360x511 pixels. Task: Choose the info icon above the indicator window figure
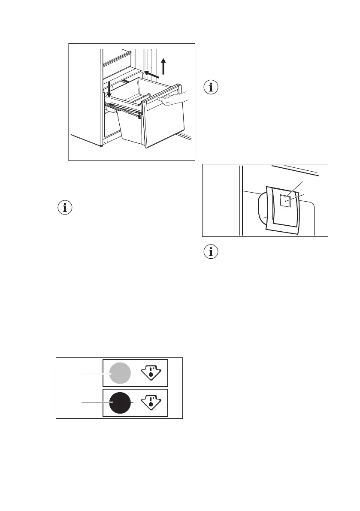210,87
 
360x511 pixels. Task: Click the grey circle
120,373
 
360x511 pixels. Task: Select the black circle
120,402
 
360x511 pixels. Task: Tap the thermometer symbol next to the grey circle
151,373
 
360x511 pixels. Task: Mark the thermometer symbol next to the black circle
151,402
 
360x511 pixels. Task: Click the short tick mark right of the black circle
133,403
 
